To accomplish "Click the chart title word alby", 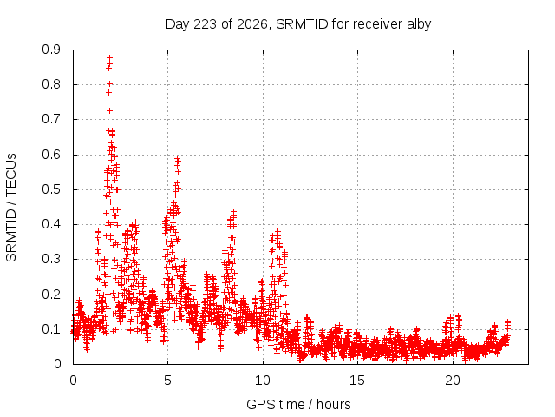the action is (419, 24).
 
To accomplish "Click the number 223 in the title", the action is (206, 24).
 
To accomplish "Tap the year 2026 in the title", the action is (252, 24).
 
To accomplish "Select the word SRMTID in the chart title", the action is (302, 24).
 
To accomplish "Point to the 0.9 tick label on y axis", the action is (51, 50).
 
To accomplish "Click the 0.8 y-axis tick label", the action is (51, 85).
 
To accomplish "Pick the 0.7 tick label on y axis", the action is (51, 120).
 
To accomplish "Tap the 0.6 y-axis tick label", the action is (51, 155).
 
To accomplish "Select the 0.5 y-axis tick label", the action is (51, 189).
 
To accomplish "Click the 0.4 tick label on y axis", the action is (51, 224).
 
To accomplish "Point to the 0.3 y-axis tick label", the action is (51, 259).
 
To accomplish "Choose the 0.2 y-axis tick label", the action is (51, 295).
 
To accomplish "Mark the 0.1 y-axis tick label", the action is (51, 329).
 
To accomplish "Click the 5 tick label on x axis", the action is (167, 381).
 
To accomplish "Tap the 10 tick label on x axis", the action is (263, 381).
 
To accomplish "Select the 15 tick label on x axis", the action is (357, 381).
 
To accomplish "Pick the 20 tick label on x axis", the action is (453, 381).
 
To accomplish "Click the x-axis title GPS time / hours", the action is (298, 405).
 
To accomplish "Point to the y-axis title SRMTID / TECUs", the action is (11, 208).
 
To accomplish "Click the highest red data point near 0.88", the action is (110, 57).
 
